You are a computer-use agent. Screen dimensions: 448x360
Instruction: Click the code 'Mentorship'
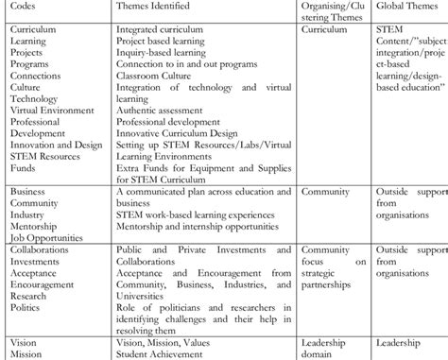click(33, 227)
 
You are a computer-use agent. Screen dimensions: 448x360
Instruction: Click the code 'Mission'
click(26, 353)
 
